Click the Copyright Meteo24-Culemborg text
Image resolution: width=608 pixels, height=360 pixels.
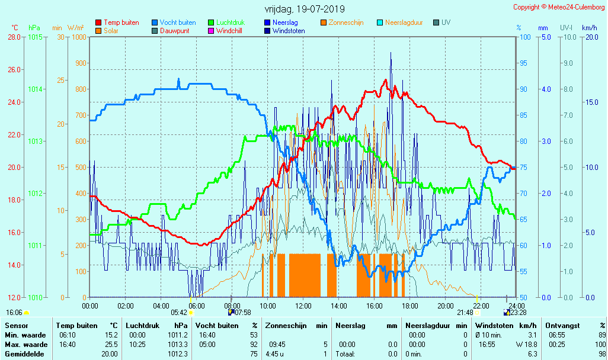(x=559, y=7)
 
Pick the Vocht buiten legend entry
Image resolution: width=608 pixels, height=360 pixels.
(x=177, y=22)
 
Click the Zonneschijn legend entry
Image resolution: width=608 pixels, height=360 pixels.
(x=345, y=22)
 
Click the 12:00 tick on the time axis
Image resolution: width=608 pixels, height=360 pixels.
(x=303, y=306)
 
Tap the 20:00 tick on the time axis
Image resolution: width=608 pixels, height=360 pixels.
(x=446, y=306)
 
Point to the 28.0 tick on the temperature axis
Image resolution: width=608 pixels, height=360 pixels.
(x=14, y=37)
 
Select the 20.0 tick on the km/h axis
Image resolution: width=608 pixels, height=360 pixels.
(x=589, y=37)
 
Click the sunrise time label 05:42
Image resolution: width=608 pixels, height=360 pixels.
(x=179, y=313)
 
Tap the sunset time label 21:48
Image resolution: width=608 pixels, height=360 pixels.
(x=465, y=313)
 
